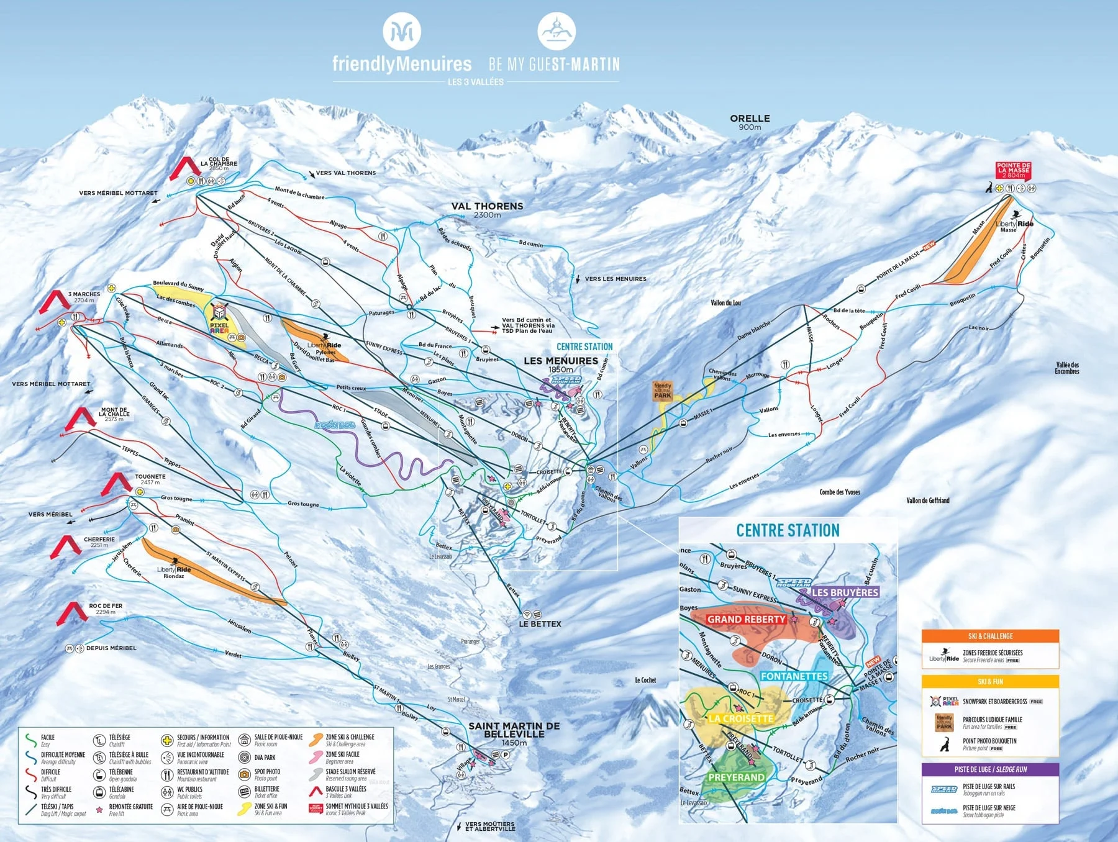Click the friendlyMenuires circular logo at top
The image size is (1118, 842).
click(x=401, y=31)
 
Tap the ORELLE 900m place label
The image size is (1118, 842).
click(x=750, y=122)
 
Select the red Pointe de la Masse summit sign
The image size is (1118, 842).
click(x=1013, y=170)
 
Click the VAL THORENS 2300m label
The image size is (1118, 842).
click(x=487, y=210)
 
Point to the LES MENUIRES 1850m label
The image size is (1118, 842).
click(x=560, y=364)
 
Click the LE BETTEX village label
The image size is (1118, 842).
click(x=540, y=623)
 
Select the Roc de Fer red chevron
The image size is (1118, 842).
click(x=72, y=612)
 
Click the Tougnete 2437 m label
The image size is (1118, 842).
click(x=150, y=479)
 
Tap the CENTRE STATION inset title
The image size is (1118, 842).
click(x=788, y=530)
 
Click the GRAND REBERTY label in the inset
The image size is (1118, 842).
click(x=746, y=619)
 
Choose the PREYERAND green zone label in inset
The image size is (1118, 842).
click(x=736, y=777)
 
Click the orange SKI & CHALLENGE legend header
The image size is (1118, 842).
click(x=989, y=636)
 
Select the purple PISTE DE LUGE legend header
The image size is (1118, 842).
click(x=989, y=769)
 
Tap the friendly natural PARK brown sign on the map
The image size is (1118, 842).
click(x=662, y=391)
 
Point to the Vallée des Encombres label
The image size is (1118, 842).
click(x=1067, y=368)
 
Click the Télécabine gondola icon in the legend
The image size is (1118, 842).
click(x=99, y=792)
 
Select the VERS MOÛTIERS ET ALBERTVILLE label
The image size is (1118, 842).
click(x=489, y=826)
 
